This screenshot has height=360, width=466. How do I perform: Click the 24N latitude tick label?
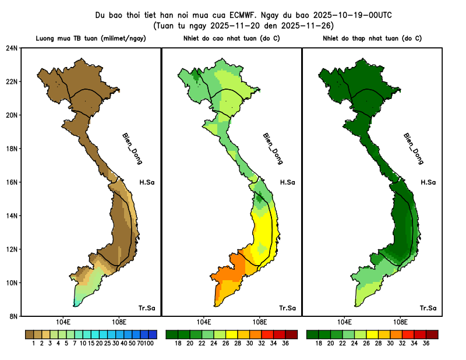[x=12, y=48]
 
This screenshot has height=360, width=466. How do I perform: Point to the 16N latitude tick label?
[x=12, y=182]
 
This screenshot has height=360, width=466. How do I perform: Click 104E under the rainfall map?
[x=63, y=322]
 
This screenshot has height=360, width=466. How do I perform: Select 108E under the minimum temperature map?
[x=400, y=322]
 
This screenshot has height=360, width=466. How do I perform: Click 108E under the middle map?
[x=259, y=322]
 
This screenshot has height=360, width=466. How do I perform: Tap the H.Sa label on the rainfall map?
[x=147, y=182]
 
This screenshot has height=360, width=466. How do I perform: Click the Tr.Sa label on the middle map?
[x=288, y=308]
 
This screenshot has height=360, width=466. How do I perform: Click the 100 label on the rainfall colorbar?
[x=149, y=344]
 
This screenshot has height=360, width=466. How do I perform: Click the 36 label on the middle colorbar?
[x=285, y=344]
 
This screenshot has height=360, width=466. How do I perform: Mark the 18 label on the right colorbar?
[x=319, y=344]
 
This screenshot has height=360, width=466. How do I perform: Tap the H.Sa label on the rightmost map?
[x=429, y=182]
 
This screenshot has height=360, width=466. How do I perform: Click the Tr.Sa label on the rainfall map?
[x=147, y=308]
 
